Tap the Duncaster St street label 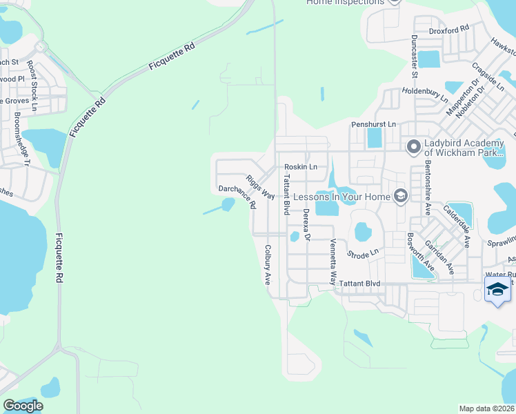[x=415, y=56]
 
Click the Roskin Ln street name [x=301, y=167]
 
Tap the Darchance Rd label [x=237, y=197]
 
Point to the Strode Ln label [x=364, y=254]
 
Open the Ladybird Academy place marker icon [x=414, y=146]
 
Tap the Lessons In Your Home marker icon [x=399, y=197]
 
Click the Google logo [x=23, y=406]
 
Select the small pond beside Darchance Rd [x=228, y=204]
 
